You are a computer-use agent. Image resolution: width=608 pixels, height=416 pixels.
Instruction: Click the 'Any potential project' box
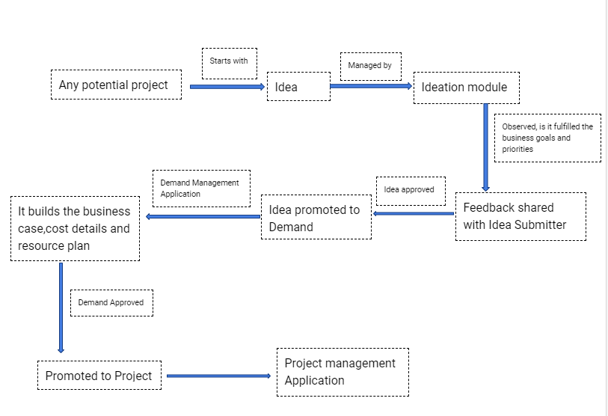116,85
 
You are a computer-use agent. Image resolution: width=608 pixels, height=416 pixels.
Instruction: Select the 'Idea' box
298,87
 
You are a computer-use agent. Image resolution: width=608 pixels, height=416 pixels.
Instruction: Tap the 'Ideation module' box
466,87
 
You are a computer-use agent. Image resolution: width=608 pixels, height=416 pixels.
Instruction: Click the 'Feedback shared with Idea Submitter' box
521,217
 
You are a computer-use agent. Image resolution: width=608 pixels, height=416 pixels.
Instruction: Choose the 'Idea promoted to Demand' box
316,218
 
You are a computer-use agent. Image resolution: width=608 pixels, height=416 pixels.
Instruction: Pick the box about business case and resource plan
75,229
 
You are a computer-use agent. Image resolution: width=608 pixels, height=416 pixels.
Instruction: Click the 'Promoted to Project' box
99,376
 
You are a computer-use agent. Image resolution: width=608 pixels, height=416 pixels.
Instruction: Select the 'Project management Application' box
343,372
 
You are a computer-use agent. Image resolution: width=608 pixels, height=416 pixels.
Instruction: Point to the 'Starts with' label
229,63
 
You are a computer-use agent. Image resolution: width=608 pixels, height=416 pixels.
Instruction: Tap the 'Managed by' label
371,67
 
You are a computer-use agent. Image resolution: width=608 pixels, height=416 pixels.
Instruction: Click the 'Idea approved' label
410,190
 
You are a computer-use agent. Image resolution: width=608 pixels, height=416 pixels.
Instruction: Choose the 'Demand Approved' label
111,303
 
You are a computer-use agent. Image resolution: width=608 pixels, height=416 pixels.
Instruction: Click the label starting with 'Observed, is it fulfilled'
547,138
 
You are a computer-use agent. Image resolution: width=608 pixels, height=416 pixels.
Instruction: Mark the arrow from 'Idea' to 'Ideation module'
371,86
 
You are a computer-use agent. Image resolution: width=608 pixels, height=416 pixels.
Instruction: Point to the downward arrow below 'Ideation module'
485,147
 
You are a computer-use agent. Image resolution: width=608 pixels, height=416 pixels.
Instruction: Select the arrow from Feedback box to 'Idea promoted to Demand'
414,214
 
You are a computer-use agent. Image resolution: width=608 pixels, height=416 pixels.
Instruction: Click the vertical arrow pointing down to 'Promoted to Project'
61,307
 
